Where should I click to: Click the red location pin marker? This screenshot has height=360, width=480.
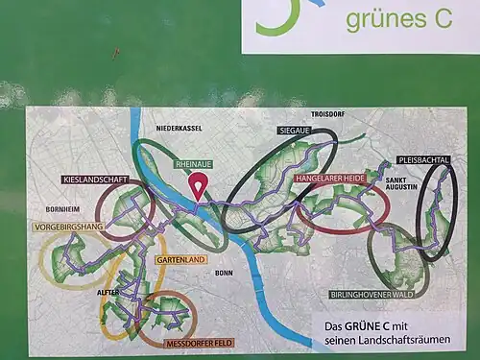point(200,184)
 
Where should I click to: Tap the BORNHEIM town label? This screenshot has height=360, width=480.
point(60,208)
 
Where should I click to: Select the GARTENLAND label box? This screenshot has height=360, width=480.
point(180,260)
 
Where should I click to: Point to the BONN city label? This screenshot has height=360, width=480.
point(224,273)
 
